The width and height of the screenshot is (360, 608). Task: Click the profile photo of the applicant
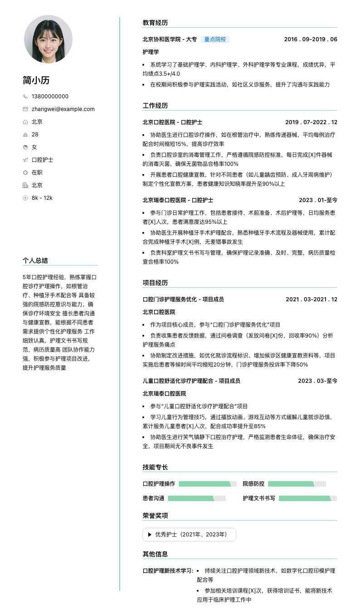tap(48, 39)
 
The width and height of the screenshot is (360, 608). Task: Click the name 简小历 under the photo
tap(36, 81)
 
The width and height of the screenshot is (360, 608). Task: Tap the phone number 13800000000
tap(50, 97)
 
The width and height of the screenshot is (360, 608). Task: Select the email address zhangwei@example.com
tap(63, 109)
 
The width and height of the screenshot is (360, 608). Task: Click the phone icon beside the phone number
tap(25, 97)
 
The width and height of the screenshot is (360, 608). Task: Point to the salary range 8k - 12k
tap(42, 198)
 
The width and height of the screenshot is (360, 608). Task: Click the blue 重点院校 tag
tap(215, 39)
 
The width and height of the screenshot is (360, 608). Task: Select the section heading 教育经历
tap(155, 23)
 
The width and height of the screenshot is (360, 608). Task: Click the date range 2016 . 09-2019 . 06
tap(311, 39)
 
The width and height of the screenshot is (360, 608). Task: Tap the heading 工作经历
tap(155, 106)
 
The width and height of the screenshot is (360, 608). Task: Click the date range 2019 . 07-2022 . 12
tap(311, 122)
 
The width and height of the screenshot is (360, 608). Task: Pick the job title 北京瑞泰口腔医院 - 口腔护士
tap(178, 200)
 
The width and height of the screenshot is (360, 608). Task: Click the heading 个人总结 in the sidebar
tap(35, 261)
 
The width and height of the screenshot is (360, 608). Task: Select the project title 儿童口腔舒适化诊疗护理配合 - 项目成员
tap(191, 381)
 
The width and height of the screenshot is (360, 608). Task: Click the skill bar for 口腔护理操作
tap(208, 484)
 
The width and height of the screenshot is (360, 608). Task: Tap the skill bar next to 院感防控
tap(297, 484)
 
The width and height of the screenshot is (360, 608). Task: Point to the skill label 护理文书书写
tap(259, 498)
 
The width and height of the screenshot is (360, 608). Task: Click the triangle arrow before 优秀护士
tap(150, 535)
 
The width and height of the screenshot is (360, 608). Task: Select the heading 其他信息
tap(155, 554)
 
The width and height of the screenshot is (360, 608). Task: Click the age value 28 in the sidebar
tap(35, 135)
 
